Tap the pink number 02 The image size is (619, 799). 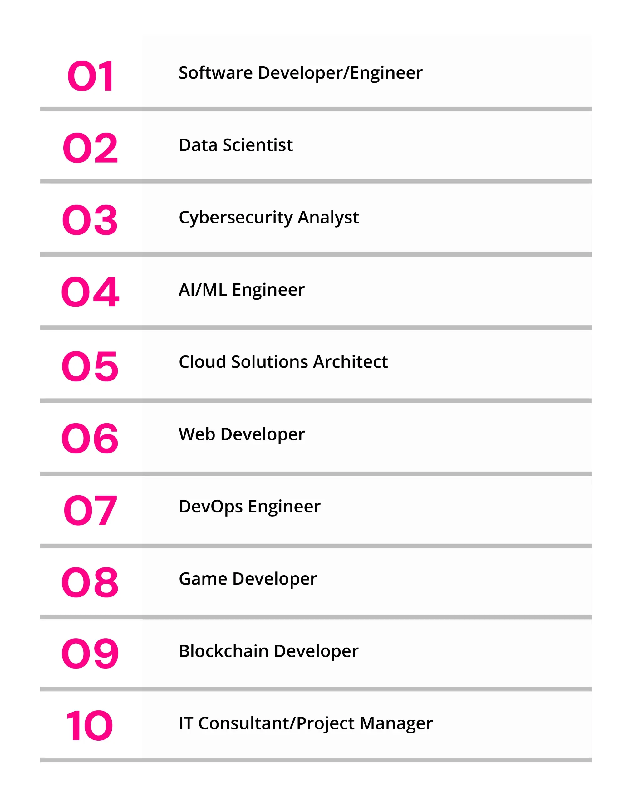90,148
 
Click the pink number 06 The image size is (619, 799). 90,438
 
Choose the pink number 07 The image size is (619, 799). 90,510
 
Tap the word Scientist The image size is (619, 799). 258,145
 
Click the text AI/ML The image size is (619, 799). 203,290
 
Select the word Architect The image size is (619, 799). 350,362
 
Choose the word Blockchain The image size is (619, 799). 224,651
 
